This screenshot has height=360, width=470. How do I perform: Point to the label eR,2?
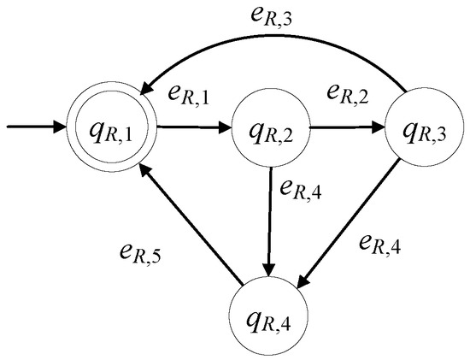pos(348,92)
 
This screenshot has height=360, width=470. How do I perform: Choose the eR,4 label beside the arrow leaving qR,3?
pos(379,244)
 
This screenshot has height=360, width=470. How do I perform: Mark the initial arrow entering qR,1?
pos(37,127)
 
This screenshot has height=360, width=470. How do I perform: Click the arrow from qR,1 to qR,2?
pos(195,127)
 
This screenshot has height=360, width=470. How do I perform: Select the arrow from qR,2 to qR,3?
pos(348,127)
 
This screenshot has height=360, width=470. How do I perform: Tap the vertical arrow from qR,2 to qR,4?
pos(269,221)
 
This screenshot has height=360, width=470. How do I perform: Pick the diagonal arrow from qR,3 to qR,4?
pos(349,224)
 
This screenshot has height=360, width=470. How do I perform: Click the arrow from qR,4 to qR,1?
pos(191,225)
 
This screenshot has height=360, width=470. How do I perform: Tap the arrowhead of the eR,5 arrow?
pos(145,172)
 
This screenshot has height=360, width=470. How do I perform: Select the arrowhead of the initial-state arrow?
pos(60,127)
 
